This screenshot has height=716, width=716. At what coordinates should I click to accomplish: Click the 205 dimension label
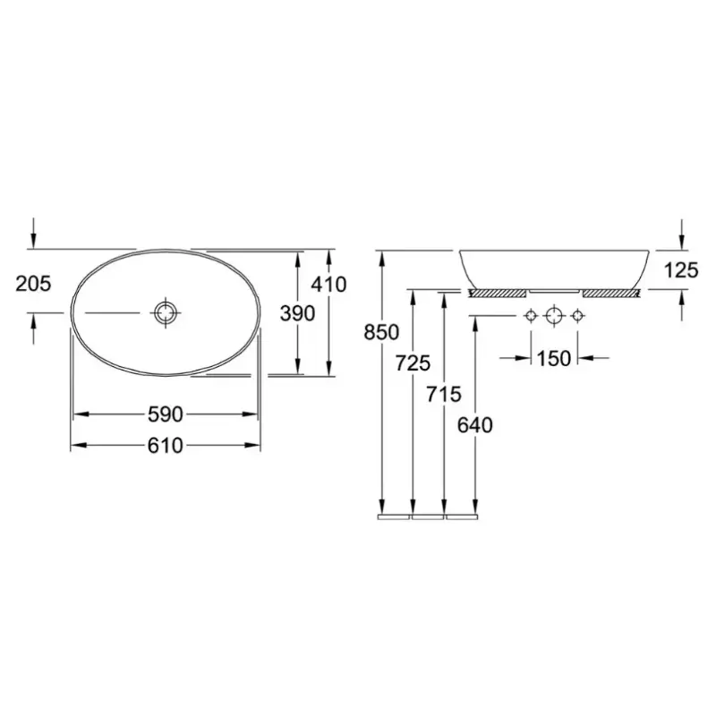33,284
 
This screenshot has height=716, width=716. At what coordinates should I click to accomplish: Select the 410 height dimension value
328,285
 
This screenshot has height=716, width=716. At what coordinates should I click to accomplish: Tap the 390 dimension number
297,313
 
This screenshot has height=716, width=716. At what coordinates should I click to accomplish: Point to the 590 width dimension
166,414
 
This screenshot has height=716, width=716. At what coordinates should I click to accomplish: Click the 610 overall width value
166,445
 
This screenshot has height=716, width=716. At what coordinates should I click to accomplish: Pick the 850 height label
381,332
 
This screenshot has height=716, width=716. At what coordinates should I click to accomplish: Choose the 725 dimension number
413,363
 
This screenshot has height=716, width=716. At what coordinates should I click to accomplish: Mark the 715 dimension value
444,394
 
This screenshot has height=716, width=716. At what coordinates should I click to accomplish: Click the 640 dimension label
475,425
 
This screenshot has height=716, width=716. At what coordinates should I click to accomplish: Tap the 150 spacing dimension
553,359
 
